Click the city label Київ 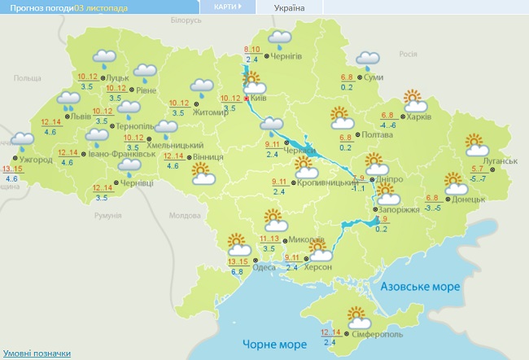pos(259,97)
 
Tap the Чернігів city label pos(286,55)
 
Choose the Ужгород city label pos(37,160)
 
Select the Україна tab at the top pos(289,7)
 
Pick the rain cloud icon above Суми pos(368,59)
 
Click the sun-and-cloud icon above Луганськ pos(476,144)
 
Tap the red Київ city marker pos(246,97)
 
